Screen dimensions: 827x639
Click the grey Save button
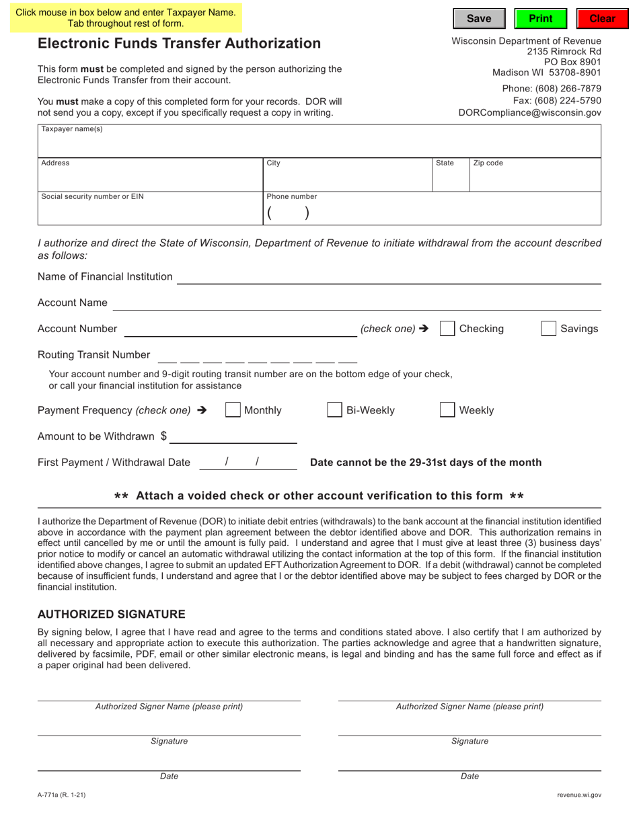[x=478, y=19]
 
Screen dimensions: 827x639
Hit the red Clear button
[x=602, y=19]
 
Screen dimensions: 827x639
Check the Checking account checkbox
[x=447, y=329]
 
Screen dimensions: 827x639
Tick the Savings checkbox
[x=549, y=329]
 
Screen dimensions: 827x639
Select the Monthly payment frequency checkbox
[x=233, y=410]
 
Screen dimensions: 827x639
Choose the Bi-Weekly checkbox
[x=334, y=410]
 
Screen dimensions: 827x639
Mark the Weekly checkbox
[x=447, y=410]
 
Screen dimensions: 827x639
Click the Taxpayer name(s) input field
[x=319, y=145]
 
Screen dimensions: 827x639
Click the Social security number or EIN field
[x=150, y=212]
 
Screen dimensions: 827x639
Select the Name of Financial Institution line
[x=388, y=277]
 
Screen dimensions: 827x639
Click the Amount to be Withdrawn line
[x=233, y=437]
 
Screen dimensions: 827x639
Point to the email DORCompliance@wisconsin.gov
[x=529, y=113]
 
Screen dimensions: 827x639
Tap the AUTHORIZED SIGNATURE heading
[x=111, y=615]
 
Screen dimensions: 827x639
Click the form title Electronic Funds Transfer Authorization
[x=179, y=44]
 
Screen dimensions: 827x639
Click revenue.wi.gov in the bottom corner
[x=579, y=795]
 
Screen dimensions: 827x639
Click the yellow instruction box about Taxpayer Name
[x=126, y=18]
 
